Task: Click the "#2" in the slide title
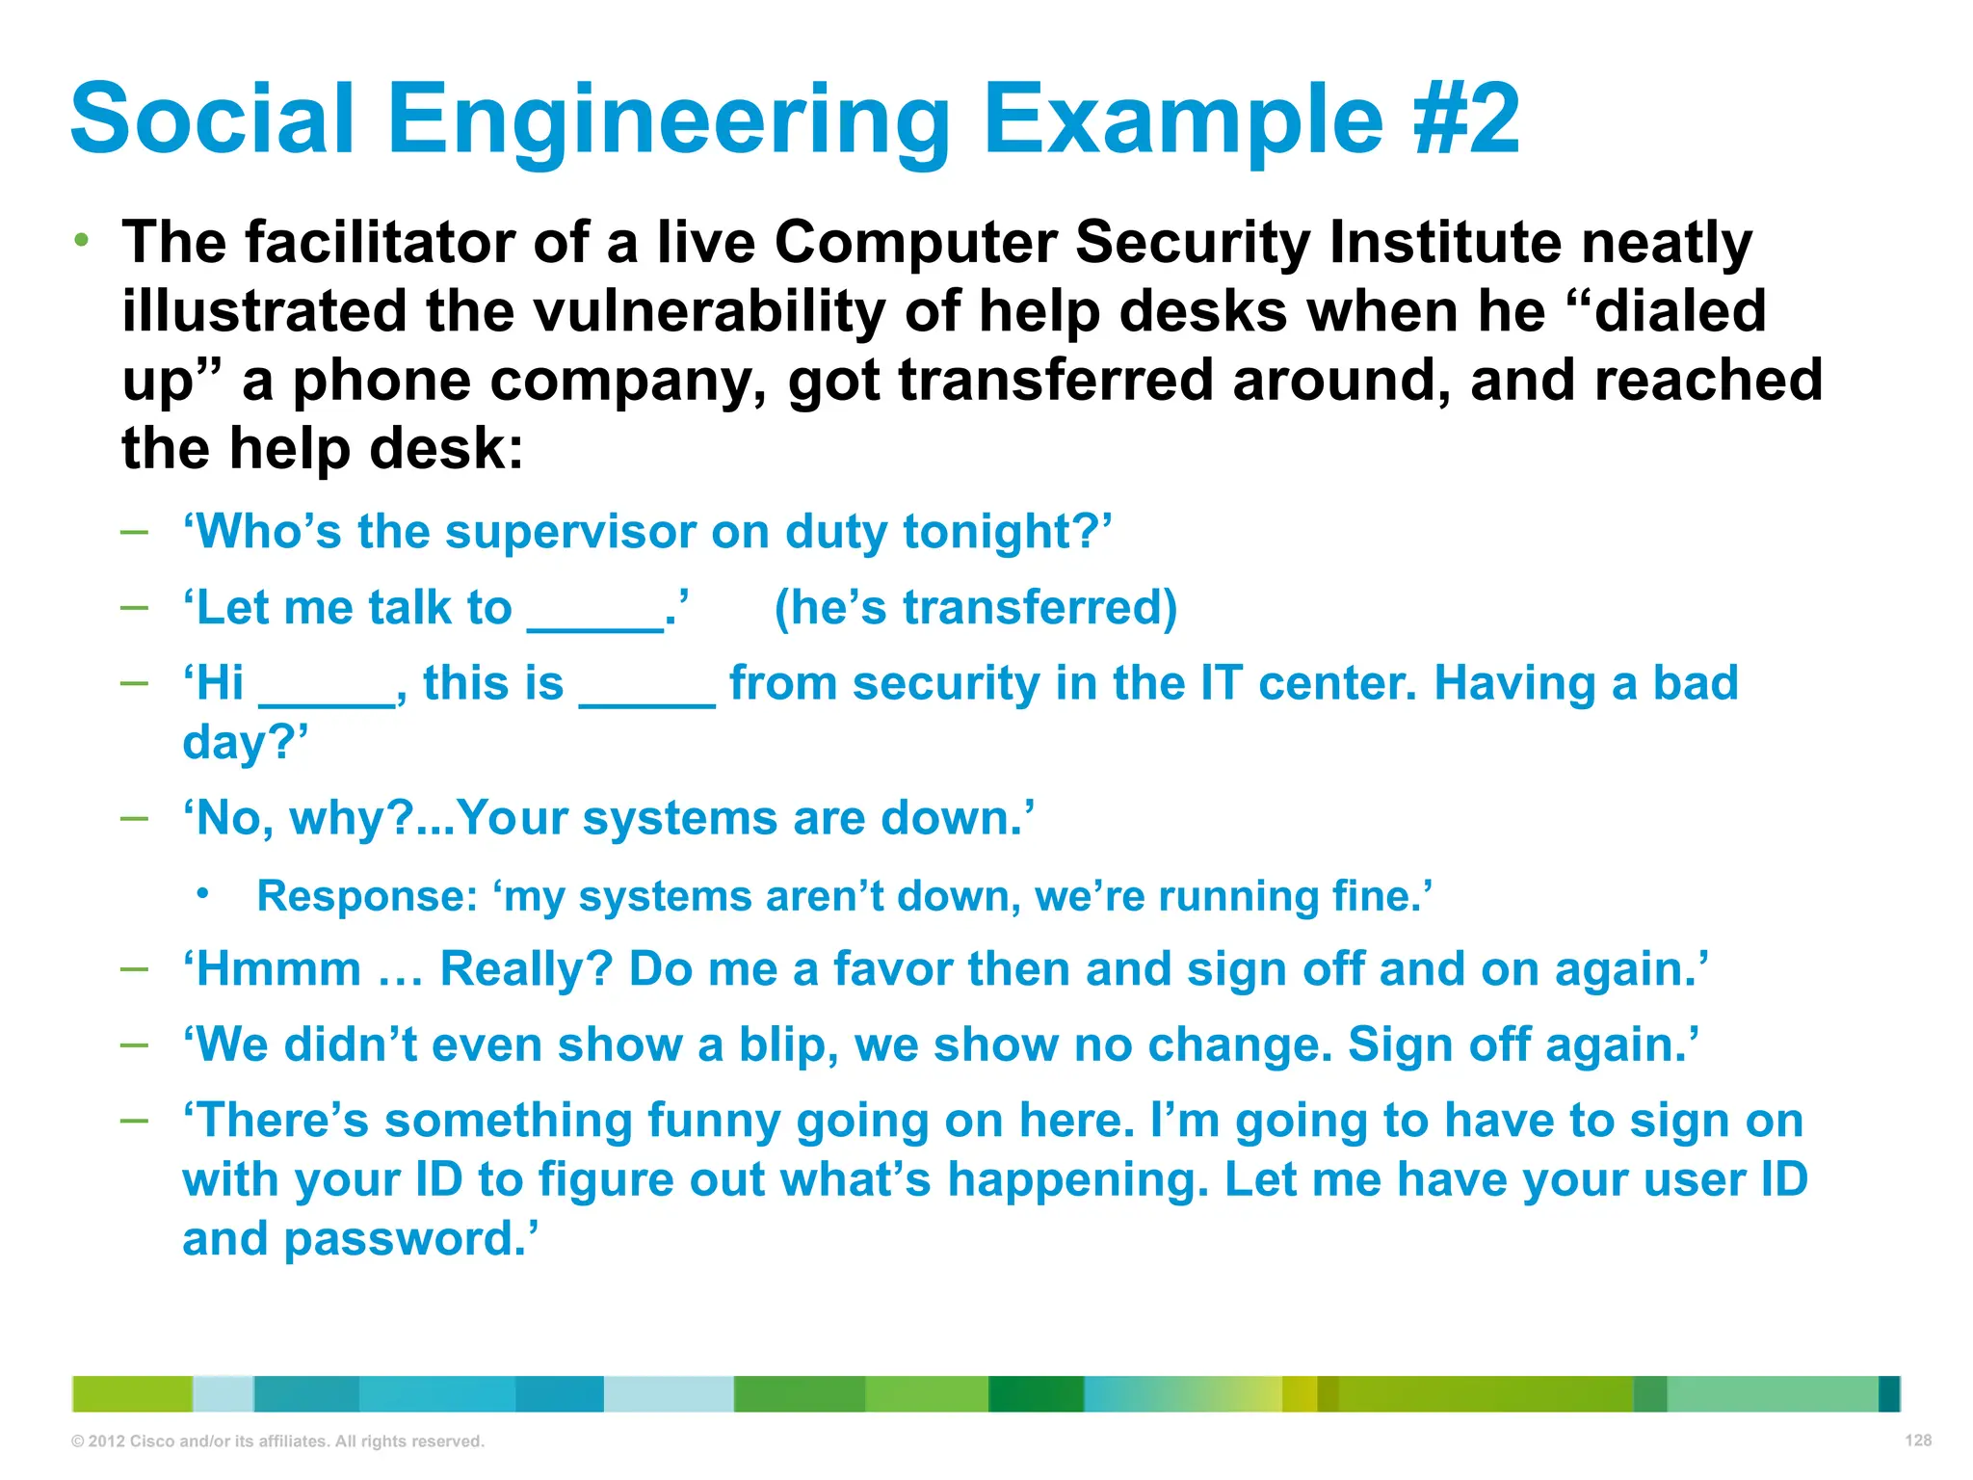pyautogui.click(x=1466, y=119)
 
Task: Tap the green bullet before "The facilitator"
pyautogui.click(x=83, y=239)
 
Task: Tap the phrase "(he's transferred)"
pyautogui.click(x=975, y=608)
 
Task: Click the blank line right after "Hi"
pyautogui.click(x=328, y=700)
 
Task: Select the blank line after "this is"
pyautogui.click(x=646, y=700)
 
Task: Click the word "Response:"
pyautogui.click(x=367, y=896)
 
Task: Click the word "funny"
pyautogui.click(x=713, y=1121)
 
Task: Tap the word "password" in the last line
pyautogui.click(x=404, y=1239)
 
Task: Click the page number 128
pyautogui.click(x=1917, y=1440)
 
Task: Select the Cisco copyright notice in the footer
pyautogui.click(x=277, y=1441)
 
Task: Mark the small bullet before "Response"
pyautogui.click(x=202, y=894)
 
